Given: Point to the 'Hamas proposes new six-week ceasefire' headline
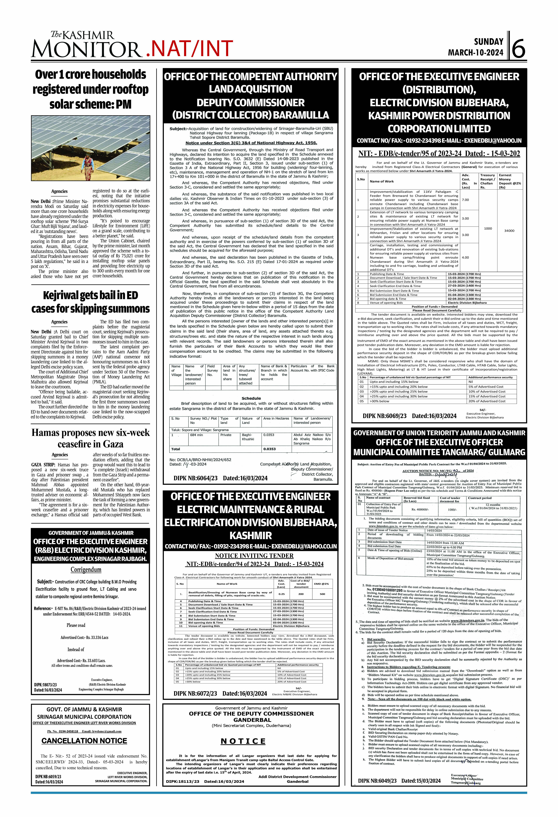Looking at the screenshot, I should pos(90,438).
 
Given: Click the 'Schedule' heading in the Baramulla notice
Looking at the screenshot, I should pos(251,398).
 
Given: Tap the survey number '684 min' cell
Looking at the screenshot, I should pos(197,435).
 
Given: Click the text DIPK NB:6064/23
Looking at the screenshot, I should pos(196,478).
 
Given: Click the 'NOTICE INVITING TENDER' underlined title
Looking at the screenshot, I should pos(254,556).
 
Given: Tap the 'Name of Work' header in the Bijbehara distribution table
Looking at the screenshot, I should pos(382,181).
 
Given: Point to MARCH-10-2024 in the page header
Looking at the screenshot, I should pos(475,53).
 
